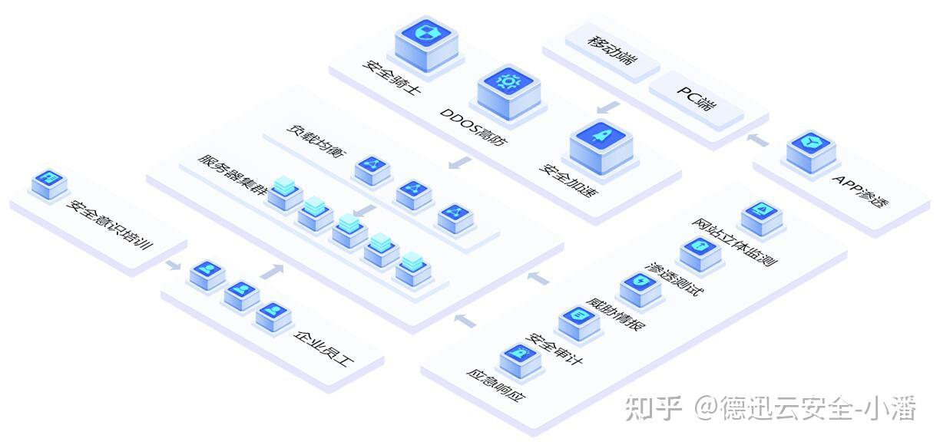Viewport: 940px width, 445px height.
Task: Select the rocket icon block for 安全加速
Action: coord(601,140)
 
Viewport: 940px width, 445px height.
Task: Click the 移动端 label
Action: coord(612,49)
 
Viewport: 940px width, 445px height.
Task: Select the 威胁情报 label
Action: coord(615,311)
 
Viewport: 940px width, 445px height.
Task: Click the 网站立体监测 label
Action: coord(734,242)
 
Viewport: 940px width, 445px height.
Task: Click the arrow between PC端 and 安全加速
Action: coord(608,105)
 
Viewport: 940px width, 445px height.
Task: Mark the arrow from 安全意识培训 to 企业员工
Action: coord(173,265)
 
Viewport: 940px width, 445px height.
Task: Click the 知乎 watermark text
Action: coord(653,408)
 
